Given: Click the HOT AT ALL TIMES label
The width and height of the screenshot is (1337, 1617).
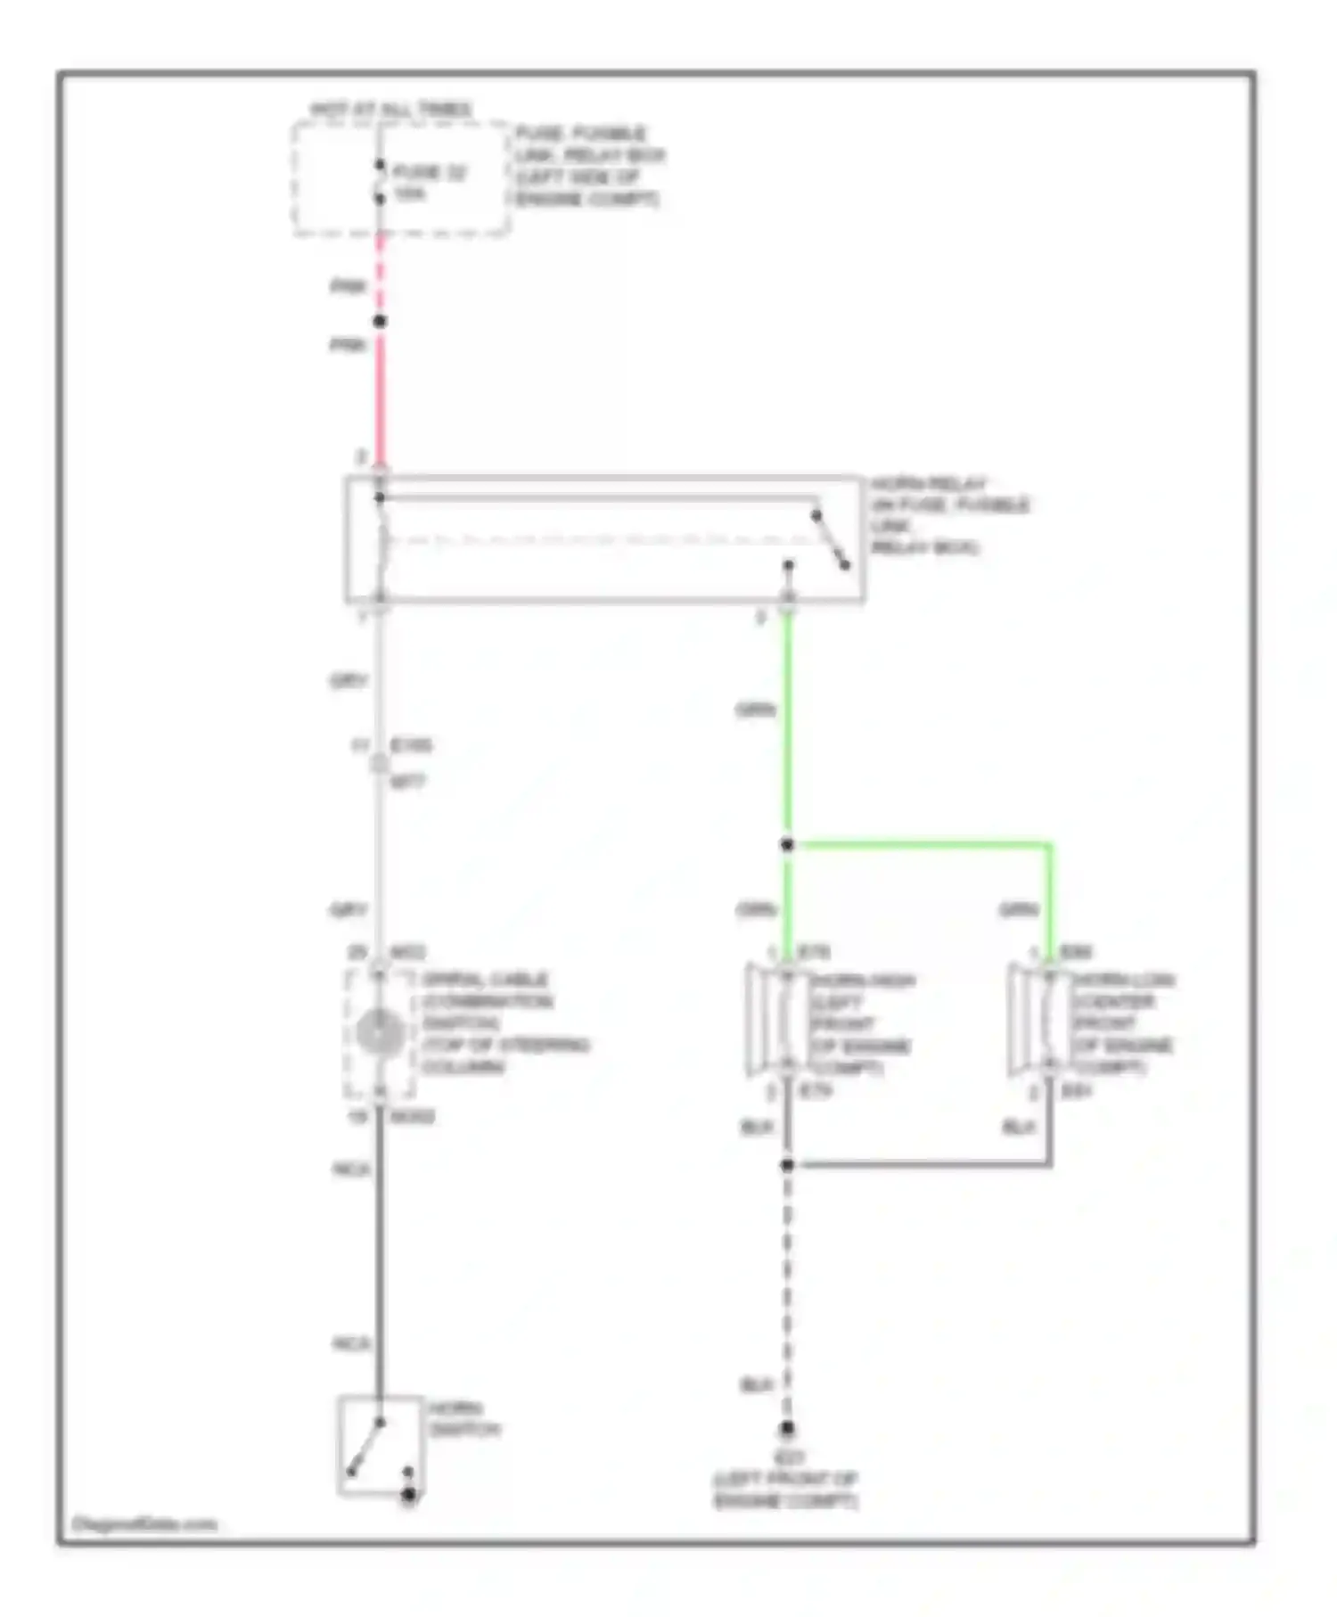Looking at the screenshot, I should (x=391, y=110).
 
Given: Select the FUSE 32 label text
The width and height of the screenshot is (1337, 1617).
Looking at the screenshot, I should (x=430, y=173).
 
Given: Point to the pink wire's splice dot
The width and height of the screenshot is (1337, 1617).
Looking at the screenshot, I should (x=380, y=321).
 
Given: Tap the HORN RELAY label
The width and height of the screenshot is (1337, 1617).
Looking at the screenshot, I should (x=928, y=484).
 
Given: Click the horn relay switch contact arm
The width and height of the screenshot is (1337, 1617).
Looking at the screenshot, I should (x=830, y=540).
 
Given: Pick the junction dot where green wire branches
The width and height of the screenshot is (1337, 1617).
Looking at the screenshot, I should (x=787, y=844).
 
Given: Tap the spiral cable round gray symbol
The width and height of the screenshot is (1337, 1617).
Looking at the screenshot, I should (x=380, y=1031).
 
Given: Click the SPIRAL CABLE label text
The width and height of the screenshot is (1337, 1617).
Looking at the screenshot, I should (x=486, y=980).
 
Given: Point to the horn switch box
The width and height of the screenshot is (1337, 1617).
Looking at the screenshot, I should (x=380, y=1445).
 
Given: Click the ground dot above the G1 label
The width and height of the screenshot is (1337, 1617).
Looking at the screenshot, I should (x=787, y=1430).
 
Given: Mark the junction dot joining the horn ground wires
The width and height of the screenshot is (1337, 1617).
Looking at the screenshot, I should (x=787, y=1165).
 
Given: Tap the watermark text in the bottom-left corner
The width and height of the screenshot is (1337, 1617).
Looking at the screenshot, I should (x=144, y=1524).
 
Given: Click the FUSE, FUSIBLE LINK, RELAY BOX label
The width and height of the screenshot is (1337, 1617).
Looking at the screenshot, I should (x=588, y=166).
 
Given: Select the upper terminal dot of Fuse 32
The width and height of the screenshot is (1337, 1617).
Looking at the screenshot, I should (x=380, y=165).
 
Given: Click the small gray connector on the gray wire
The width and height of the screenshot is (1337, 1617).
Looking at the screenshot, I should (x=380, y=763).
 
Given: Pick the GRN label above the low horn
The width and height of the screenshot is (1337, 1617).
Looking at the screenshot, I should (x=1018, y=910).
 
